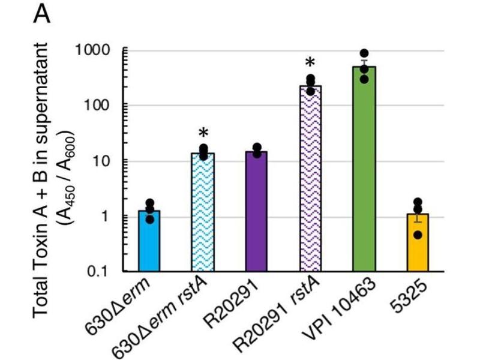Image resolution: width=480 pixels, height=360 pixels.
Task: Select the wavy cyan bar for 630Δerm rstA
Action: tap(202, 213)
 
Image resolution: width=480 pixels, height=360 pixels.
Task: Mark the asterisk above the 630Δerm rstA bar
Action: tap(203, 134)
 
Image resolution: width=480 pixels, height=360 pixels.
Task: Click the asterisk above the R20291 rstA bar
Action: tap(310, 64)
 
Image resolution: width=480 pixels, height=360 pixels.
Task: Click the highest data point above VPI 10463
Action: tap(364, 53)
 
